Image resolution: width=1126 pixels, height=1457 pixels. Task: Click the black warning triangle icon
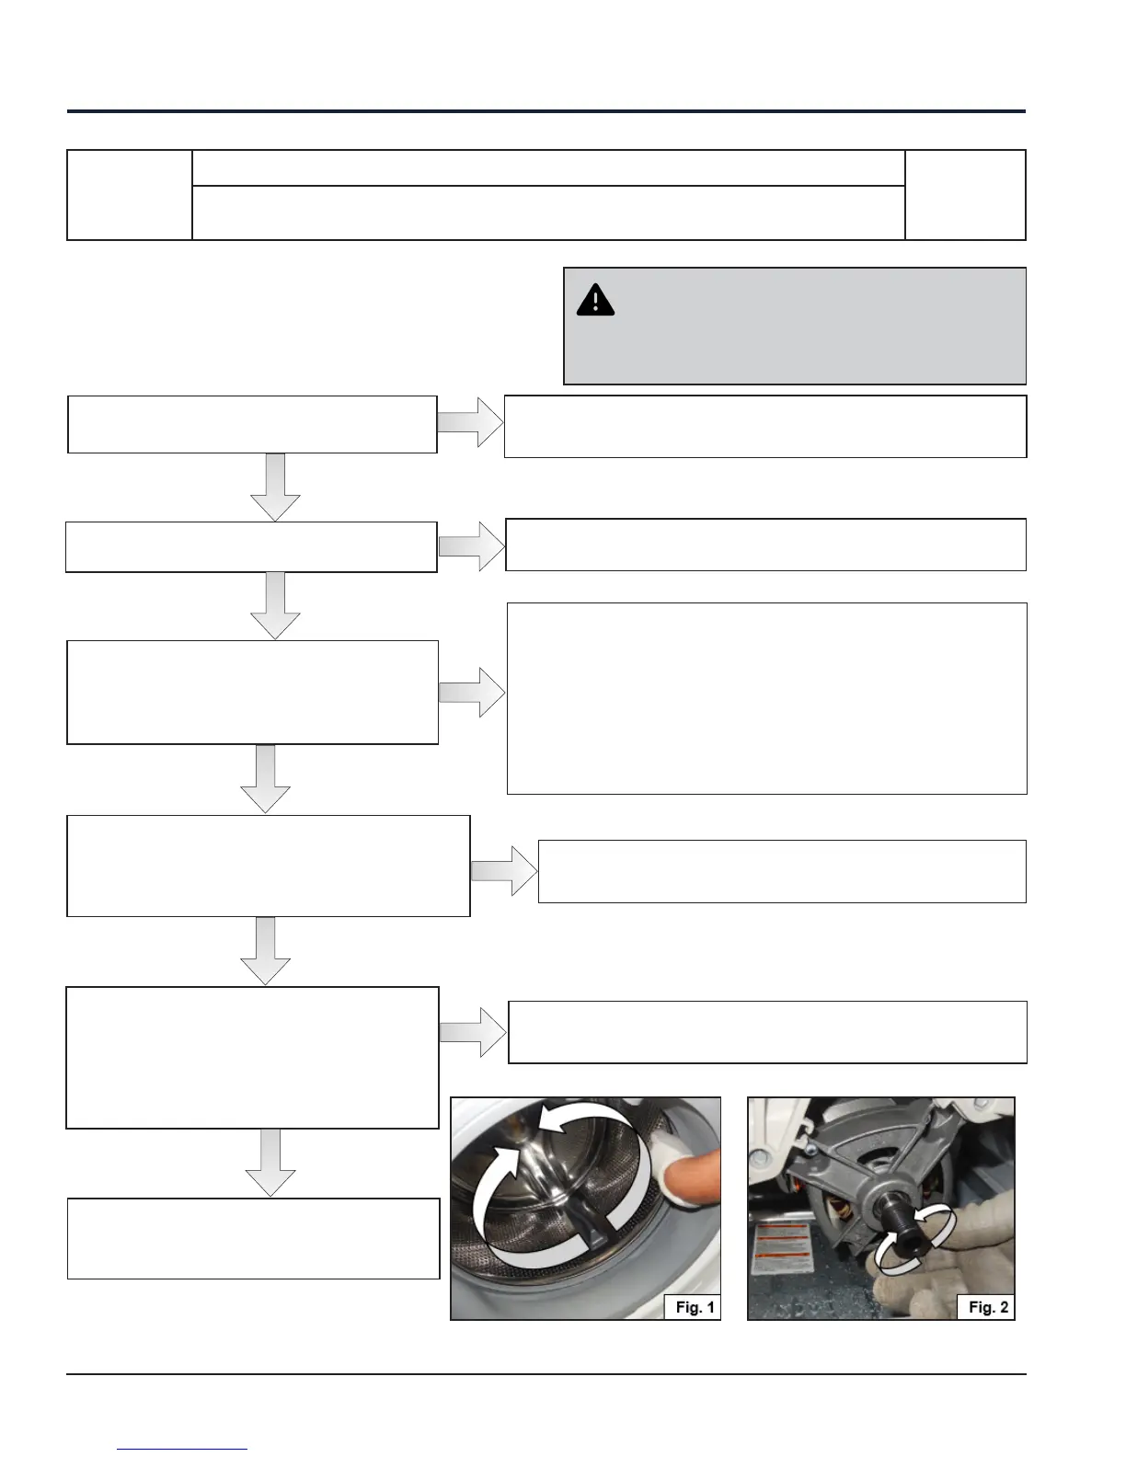[595, 301]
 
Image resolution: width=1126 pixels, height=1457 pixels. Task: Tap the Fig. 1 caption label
[695, 1307]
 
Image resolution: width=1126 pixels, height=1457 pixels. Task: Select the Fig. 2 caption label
[988, 1307]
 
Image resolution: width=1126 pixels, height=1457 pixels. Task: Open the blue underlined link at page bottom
[182, 1449]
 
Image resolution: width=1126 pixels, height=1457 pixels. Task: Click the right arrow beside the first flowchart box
[470, 422]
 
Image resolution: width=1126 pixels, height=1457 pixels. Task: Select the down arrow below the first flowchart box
[275, 488]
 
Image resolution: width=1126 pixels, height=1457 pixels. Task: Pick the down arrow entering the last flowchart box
[270, 1163]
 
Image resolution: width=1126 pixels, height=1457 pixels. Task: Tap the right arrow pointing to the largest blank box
[472, 692]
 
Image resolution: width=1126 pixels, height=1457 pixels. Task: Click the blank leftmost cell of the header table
[129, 195]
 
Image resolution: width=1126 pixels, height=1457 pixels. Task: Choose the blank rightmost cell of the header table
[965, 195]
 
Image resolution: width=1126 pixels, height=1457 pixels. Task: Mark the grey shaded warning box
[794, 327]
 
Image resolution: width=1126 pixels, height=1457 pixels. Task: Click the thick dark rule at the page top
[546, 111]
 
